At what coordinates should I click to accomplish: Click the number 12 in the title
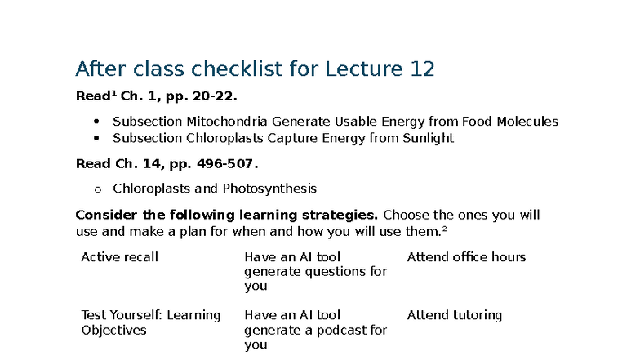[421, 69]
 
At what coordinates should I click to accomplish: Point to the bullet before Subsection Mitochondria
[97, 122]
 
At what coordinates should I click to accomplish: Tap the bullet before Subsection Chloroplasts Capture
[97, 138]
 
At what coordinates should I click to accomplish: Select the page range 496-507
[225, 163]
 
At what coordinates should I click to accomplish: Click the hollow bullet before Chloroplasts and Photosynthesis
[97, 189]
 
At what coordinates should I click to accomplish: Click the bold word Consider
[104, 215]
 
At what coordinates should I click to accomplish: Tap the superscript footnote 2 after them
[444, 229]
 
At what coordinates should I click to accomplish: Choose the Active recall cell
[119, 257]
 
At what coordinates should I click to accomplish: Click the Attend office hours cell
[466, 257]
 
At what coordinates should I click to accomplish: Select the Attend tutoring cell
[454, 315]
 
